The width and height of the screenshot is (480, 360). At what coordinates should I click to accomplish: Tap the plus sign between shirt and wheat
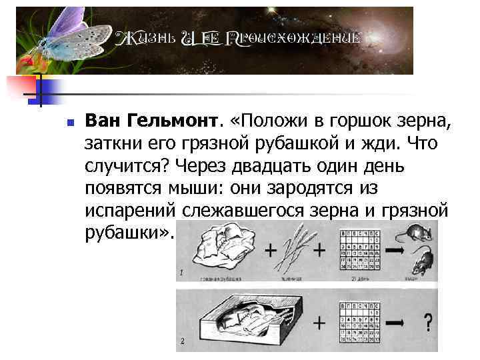point(271,251)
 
